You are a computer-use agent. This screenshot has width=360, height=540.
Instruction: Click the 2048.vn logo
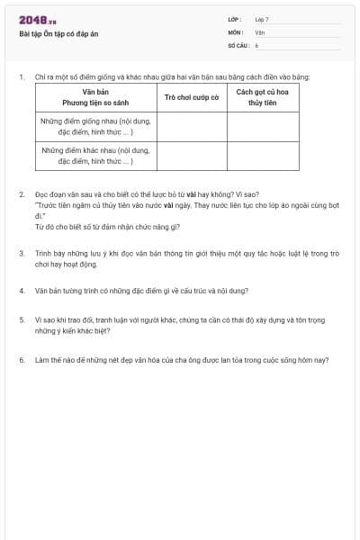point(37,20)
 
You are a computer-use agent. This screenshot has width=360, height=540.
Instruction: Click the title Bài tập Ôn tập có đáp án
point(58,33)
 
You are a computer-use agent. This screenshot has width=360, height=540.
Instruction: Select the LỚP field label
point(235,19)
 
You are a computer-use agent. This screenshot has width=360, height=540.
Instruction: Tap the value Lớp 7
point(262,19)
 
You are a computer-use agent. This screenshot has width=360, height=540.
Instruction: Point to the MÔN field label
point(236,31)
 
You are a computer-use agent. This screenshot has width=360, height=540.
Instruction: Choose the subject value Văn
point(259,31)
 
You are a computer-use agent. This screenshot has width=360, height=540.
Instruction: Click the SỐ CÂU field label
point(238,44)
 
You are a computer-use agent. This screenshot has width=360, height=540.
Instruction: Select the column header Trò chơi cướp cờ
point(192,96)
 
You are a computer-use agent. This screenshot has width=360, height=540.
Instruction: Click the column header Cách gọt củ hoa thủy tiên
point(262,96)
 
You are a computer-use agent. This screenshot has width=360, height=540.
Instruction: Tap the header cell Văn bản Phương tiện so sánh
point(94,96)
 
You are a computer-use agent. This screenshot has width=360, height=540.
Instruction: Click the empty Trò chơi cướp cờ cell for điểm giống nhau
point(192,126)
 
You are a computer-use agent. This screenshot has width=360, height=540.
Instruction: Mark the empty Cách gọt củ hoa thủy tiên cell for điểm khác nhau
point(262,155)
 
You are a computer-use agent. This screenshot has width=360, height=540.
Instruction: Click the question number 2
point(21,193)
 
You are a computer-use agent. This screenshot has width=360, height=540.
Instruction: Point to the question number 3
point(21,254)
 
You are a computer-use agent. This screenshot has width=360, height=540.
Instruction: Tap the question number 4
point(21,291)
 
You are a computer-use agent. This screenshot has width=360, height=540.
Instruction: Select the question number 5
point(21,319)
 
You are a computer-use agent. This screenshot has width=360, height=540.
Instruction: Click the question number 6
point(21,359)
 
